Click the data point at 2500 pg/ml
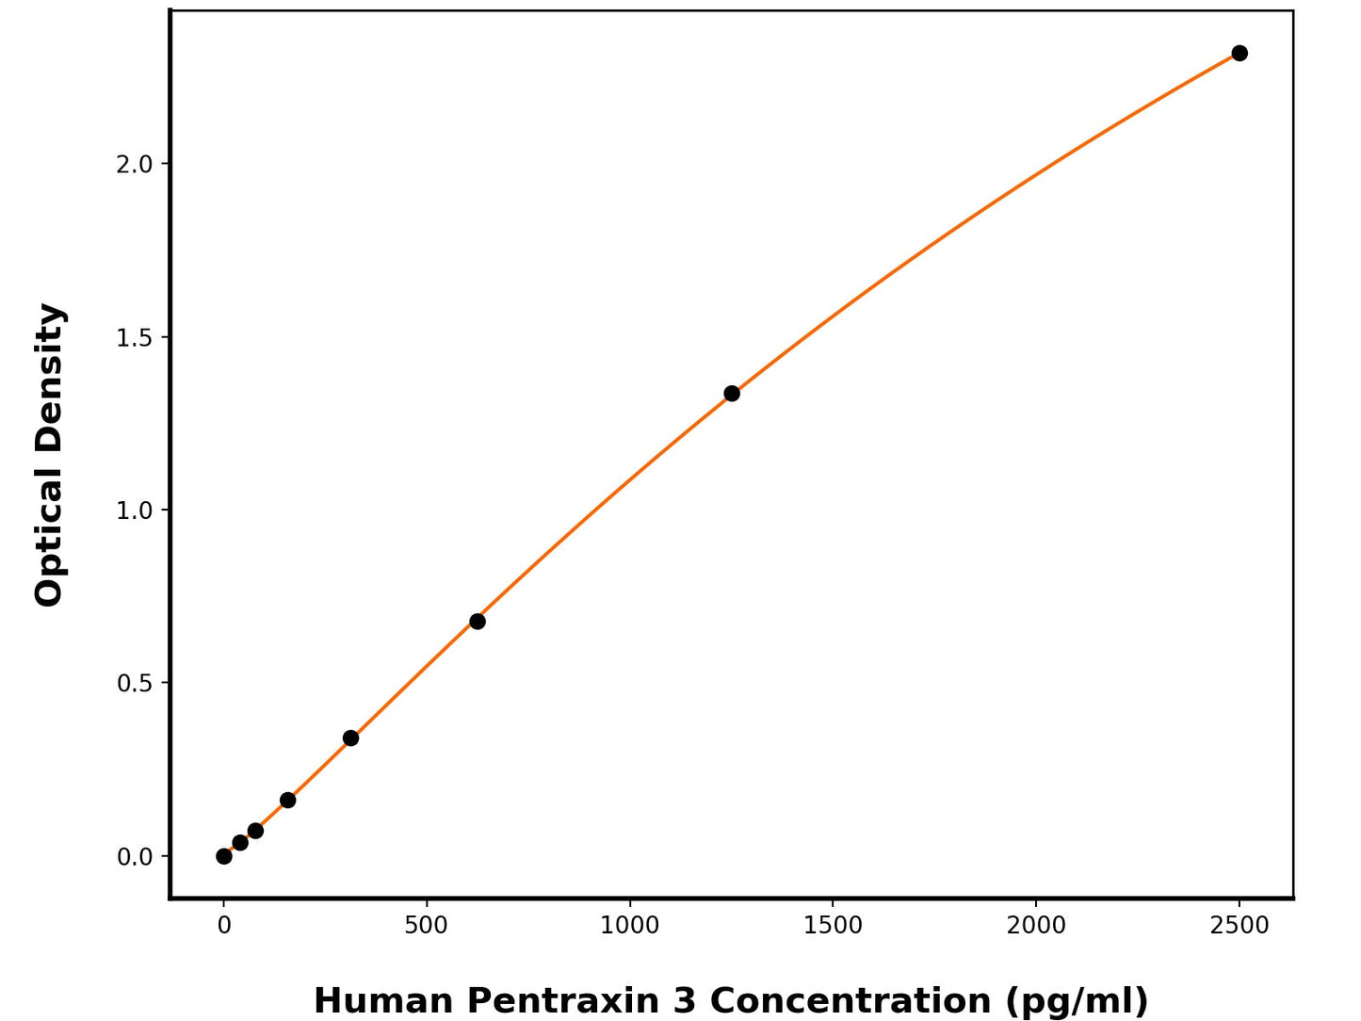click(1239, 54)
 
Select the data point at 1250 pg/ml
click(732, 394)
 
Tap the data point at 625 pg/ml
click(478, 622)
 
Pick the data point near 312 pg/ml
click(350, 738)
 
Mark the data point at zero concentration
click(224, 856)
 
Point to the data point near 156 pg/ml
click(287, 801)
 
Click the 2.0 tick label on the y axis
click(134, 165)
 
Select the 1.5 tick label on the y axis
click(134, 338)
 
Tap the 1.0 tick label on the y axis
click(134, 510)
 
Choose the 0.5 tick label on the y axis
click(134, 684)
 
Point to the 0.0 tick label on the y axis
click(134, 857)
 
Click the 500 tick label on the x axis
click(427, 926)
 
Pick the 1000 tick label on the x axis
click(630, 926)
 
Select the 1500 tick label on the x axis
click(833, 926)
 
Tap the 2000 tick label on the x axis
click(1036, 926)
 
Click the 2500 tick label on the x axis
click(1239, 926)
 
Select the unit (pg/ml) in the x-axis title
click(1077, 1000)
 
